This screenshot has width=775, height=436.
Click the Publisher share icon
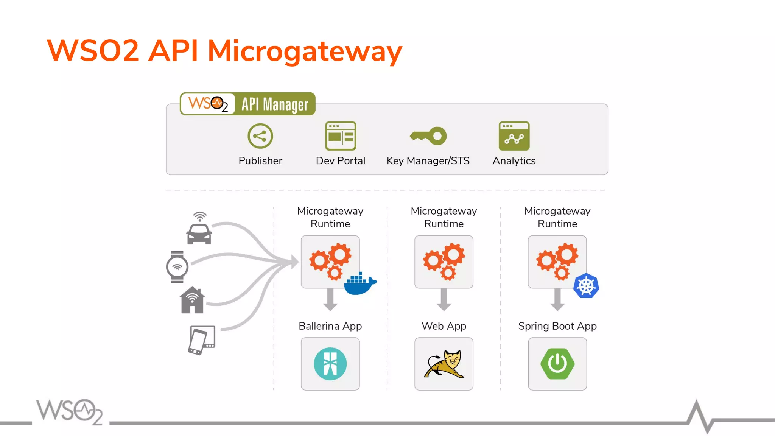[260, 136]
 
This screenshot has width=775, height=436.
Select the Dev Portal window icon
[341, 136]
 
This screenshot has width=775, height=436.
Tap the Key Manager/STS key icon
[428, 136]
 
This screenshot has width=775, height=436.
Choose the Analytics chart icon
[514, 136]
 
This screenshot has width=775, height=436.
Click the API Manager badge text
[275, 104]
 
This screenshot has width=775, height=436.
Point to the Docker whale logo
[359, 284]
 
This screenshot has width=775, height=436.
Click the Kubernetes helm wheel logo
[586, 286]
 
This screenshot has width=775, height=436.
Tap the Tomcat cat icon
[444, 364]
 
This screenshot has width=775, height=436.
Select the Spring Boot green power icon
[557, 364]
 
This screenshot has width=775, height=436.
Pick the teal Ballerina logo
[330, 364]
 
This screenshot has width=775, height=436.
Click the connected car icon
[199, 229]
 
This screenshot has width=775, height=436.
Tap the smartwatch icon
[177, 267]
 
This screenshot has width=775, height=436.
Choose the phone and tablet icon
[202, 340]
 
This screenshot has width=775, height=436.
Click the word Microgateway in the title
[305, 51]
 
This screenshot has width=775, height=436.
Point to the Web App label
[444, 326]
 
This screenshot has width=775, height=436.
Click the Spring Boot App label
[557, 326]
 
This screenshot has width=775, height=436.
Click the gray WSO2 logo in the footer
[70, 411]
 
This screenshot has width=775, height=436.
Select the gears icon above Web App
[444, 262]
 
